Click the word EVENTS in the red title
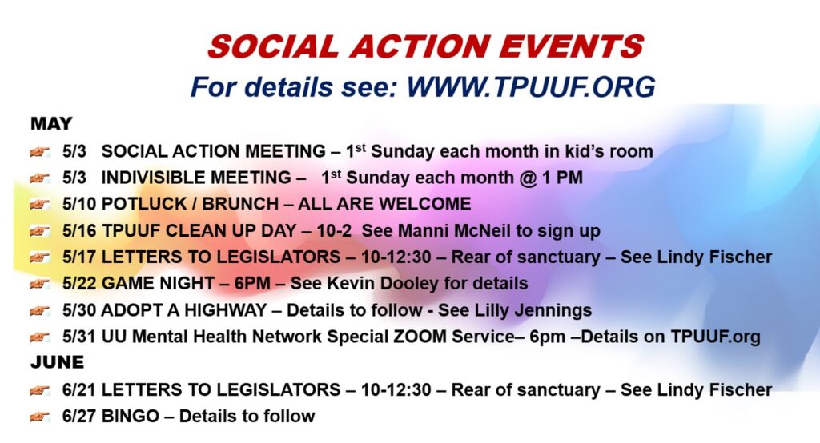coord(571,46)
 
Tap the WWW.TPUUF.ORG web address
coord(531,86)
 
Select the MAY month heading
coord(51,123)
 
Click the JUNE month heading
coord(57,362)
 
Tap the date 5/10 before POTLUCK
coord(79,204)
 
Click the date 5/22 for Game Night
coord(79,283)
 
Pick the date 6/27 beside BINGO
coord(79,416)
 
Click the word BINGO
coord(131,416)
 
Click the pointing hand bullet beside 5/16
coord(40,230)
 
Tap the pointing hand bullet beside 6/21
coord(40,389)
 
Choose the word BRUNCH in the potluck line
coord(240,204)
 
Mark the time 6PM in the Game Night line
coord(252,283)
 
